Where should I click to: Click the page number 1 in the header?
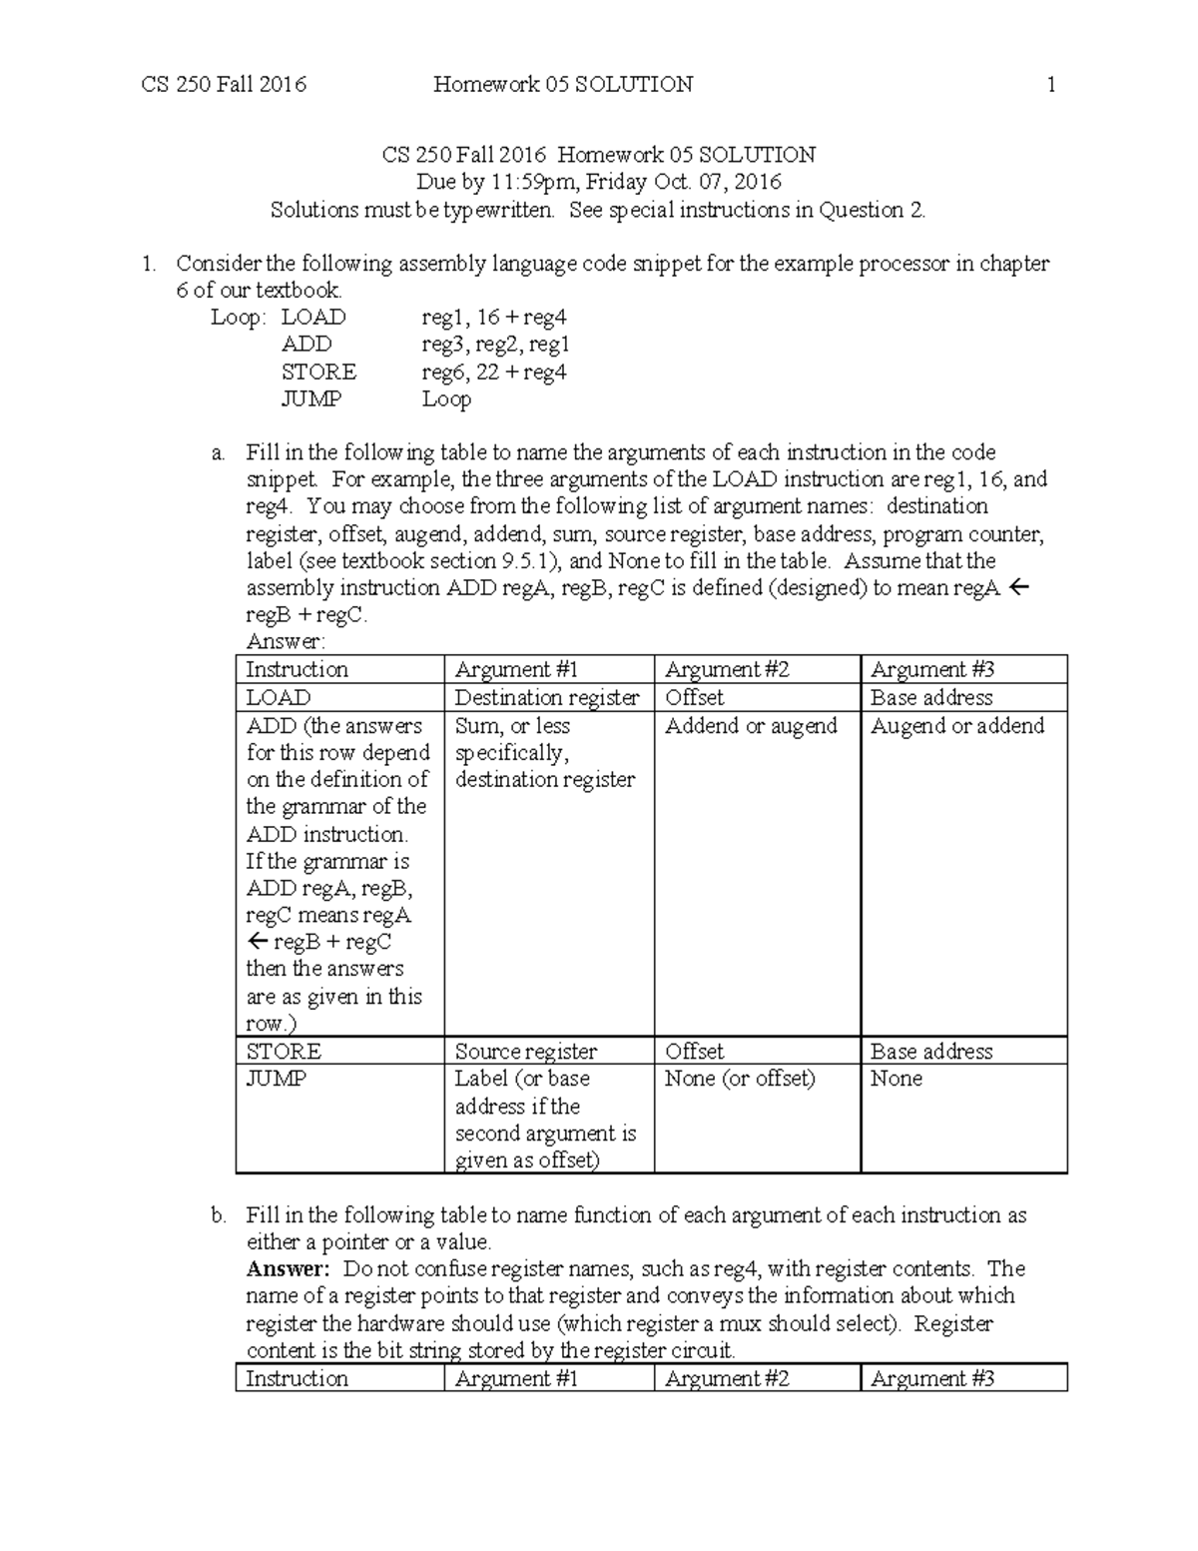[1050, 85]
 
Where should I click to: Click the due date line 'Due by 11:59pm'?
[598, 182]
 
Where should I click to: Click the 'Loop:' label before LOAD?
[239, 318]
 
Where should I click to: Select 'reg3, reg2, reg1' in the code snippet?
[495, 345]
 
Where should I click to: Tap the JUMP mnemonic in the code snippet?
[311, 398]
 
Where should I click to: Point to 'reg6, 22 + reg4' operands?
[493, 373]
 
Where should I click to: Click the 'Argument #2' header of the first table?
[727, 670]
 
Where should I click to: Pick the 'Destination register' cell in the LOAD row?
[547, 698]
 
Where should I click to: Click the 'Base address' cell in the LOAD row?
[931, 698]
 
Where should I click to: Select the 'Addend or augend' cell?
[751, 726]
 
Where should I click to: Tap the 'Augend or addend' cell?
[956, 726]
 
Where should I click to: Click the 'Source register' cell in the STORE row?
[526, 1052]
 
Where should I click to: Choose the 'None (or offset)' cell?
[740, 1079]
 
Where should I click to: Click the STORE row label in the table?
[284, 1052]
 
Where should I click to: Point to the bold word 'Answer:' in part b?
[288, 1269]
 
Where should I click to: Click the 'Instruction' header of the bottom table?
[297, 1379]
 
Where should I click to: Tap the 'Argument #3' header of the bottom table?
[932, 1379]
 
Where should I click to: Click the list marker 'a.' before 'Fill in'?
[219, 453]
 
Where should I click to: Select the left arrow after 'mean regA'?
[1018, 588]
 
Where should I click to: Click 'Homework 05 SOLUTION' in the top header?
[563, 85]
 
